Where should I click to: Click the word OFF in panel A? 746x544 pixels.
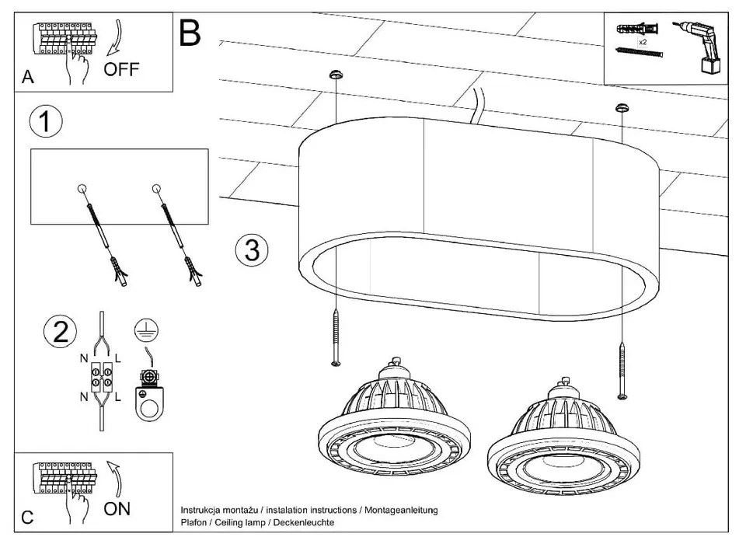tap(121, 70)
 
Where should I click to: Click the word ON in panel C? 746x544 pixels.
tap(117, 509)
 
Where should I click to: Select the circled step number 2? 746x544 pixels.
tap(59, 333)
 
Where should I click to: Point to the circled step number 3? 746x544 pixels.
tap(251, 250)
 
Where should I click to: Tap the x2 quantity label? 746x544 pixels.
tap(643, 42)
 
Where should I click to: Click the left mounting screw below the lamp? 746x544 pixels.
tap(335, 337)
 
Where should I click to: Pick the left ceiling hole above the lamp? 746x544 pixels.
tap(335, 75)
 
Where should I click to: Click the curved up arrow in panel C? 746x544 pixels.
tap(116, 475)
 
